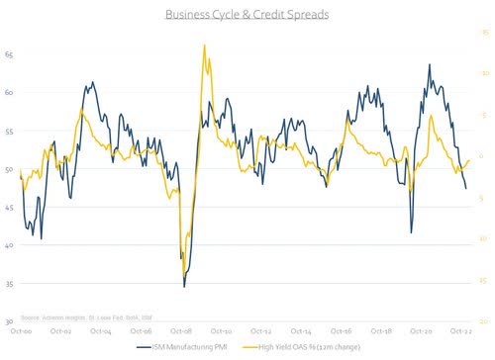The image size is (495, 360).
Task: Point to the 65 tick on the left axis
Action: click(x=9, y=55)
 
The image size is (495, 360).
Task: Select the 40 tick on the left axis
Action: click(x=9, y=246)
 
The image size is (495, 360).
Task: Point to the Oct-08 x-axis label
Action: click(x=180, y=332)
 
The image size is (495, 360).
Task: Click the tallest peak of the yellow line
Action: click(x=204, y=45)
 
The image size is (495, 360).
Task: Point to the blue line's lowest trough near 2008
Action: click(x=184, y=287)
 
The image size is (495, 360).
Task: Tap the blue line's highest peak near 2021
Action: click(x=430, y=65)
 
